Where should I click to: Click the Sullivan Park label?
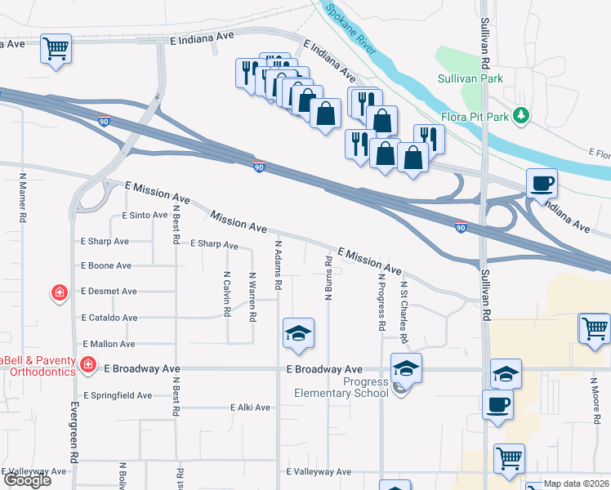click(x=471, y=78)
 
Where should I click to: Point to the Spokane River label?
click(x=350, y=29)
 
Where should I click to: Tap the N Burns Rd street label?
click(x=328, y=278)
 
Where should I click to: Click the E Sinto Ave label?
click(x=145, y=216)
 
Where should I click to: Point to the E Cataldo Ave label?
click(x=109, y=318)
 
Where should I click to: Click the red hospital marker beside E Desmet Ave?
click(x=59, y=292)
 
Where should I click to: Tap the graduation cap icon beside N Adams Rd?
click(x=299, y=333)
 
